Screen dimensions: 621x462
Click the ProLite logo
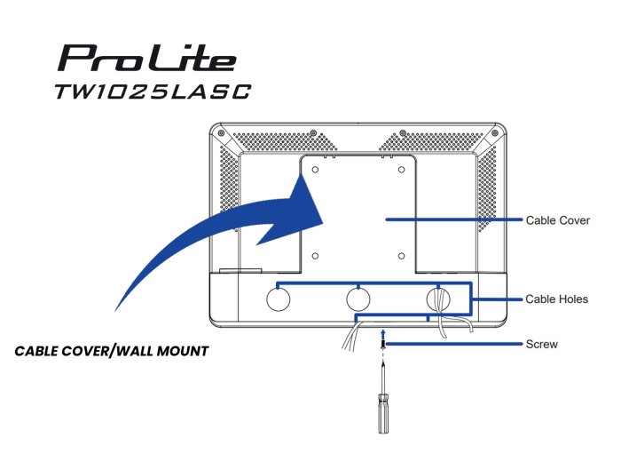tap(147, 58)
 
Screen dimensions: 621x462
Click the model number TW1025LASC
tap(153, 92)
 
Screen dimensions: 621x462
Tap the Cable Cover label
tap(558, 220)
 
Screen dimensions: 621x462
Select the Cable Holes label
tap(556, 299)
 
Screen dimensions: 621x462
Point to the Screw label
tap(541, 344)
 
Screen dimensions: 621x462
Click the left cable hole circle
tap(279, 299)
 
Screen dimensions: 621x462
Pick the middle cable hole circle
tap(358, 299)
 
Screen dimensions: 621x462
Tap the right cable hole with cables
tap(438, 299)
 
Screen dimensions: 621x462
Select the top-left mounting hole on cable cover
tap(315, 170)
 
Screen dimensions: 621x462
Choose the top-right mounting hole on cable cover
tap(401, 170)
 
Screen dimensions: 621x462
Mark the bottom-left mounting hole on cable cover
tap(315, 256)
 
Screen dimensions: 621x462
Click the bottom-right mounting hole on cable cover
tap(401, 256)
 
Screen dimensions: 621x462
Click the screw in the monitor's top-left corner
tap(221, 133)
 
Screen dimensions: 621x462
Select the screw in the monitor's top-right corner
tap(495, 133)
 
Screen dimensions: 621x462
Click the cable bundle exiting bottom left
tap(351, 337)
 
